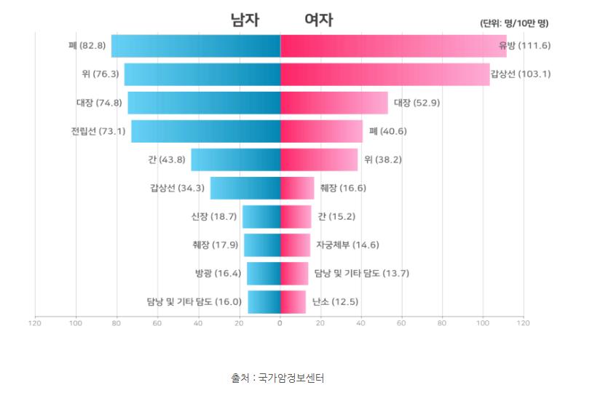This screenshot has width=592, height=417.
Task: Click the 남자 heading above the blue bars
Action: coord(245,20)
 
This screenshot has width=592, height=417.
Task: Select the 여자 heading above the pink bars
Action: coord(318,20)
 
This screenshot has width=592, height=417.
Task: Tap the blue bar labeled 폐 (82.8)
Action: coord(195,46)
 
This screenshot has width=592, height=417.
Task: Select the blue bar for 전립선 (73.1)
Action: coord(205,131)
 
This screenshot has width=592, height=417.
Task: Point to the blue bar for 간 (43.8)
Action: coord(235,159)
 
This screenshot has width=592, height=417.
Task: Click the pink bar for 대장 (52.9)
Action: coord(334,103)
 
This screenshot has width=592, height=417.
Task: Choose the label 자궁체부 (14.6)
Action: coord(347,245)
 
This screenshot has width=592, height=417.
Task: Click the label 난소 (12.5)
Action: coord(334,301)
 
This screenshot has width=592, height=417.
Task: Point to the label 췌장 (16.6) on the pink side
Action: coord(342,188)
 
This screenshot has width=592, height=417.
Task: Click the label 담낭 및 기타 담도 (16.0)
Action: coord(194,301)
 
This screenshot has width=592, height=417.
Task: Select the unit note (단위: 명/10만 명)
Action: coord(513,23)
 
